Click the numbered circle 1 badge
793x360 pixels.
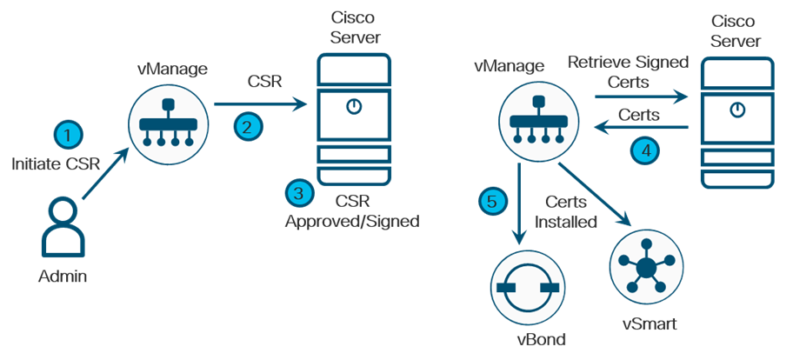point(68,135)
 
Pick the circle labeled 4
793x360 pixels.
point(644,149)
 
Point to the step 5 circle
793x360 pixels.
point(492,201)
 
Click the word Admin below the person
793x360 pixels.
point(63,277)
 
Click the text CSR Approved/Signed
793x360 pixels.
point(352,212)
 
